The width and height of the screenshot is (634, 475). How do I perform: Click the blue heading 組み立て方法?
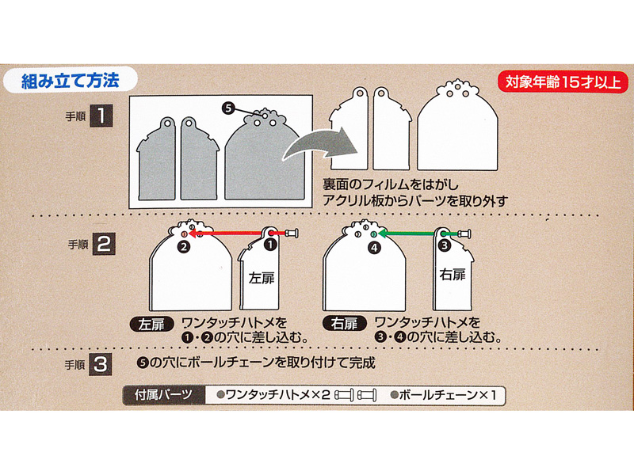tap(70, 81)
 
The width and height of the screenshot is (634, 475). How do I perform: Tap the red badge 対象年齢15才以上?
tap(563, 82)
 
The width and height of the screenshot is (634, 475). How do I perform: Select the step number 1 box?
tap(101, 116)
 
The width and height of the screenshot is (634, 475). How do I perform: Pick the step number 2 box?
tap(104, 244)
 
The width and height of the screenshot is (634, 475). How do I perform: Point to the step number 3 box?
tap(101, 365)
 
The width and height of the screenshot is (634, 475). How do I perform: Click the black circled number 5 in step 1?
tap(228, 108)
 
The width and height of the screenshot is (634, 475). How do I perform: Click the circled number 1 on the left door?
tap(269, 245)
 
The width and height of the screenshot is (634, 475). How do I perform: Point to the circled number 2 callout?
tap(184, 246)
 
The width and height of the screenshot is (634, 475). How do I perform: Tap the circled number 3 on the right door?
tap(445, 245)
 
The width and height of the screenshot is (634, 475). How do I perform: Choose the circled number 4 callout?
tap(375, 247)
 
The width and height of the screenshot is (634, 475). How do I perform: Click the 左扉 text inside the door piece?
tap(262, 278)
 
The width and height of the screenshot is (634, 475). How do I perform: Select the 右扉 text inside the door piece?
tap(453, 275)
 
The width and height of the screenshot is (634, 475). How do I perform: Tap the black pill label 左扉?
tap(151, 325)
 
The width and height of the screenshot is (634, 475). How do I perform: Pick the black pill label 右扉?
tap(345, 324)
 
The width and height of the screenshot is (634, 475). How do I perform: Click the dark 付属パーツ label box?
tap(164, 395)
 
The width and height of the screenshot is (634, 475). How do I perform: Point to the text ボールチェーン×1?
tap(444, 394)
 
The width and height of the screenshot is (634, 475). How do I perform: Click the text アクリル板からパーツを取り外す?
tap(414, 200)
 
